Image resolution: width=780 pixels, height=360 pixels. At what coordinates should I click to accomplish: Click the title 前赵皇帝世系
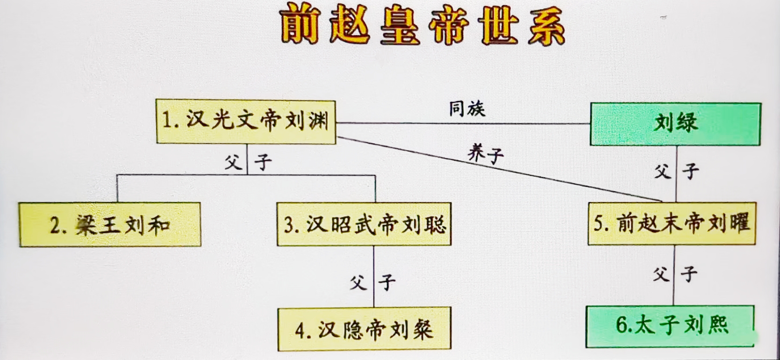point(423,26)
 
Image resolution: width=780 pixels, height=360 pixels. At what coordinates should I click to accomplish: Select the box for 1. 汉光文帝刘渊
point(245,122)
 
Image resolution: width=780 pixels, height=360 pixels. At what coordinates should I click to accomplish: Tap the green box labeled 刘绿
point(675,124)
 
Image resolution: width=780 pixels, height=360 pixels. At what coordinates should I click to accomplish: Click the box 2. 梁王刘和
point(110,225)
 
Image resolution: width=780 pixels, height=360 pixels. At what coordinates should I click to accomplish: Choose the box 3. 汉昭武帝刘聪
point(364,224)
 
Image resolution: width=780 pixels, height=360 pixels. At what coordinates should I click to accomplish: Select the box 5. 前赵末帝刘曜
point(672,223)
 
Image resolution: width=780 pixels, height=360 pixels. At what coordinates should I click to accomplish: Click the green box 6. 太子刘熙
point(670,326)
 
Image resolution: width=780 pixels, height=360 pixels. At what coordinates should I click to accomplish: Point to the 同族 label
point(467,109)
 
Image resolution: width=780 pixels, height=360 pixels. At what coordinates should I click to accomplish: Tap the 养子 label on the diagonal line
point(486,154)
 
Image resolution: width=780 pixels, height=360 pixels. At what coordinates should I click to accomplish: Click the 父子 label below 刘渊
point(248,163)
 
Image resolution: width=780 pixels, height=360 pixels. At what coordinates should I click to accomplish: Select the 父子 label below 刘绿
point(676,172)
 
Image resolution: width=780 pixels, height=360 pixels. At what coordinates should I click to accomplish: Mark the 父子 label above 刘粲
point(373,282)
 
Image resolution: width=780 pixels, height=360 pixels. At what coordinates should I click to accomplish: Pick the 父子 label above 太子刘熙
point(675,274)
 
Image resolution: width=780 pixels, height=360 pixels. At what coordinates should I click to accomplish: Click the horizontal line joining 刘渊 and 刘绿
point(463,123)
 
